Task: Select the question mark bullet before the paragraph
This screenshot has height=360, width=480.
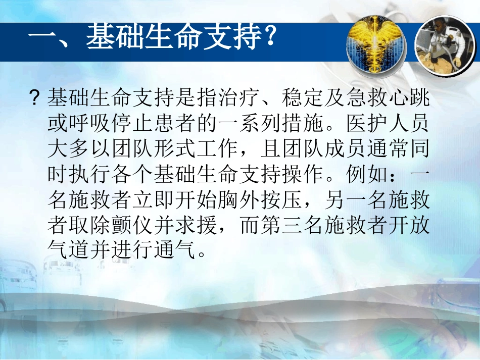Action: click(x=35, y=98)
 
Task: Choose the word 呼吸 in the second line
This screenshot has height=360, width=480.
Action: click(x=90, y=123)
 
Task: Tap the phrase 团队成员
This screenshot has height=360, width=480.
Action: click(x=323, y=149)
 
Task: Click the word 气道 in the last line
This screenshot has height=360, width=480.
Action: click(x=69, y=250)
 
